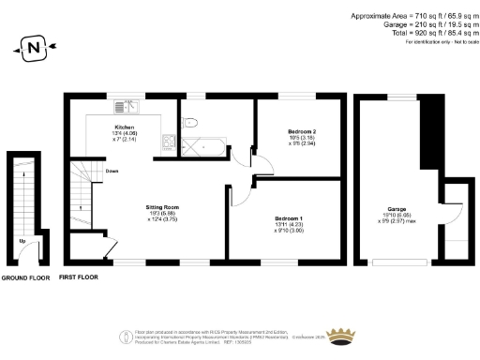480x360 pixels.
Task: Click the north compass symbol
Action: point(34,46)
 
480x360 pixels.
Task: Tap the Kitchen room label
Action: point(125,127)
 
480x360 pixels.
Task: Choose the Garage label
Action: point(396,209)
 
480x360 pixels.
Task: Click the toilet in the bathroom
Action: point(191,121)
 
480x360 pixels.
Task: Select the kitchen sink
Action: point(170,143)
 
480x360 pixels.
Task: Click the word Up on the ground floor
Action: point(22,241)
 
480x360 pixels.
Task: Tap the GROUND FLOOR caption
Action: point(24,278)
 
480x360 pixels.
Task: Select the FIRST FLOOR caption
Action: point(80,278)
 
